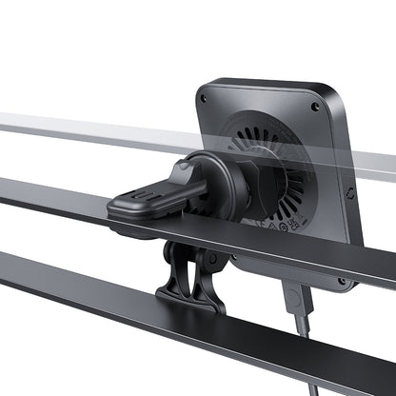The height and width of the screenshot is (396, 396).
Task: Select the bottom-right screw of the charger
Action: click(x=341, y=282)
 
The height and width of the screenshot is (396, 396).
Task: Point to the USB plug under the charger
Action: click(x=296, y=302)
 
